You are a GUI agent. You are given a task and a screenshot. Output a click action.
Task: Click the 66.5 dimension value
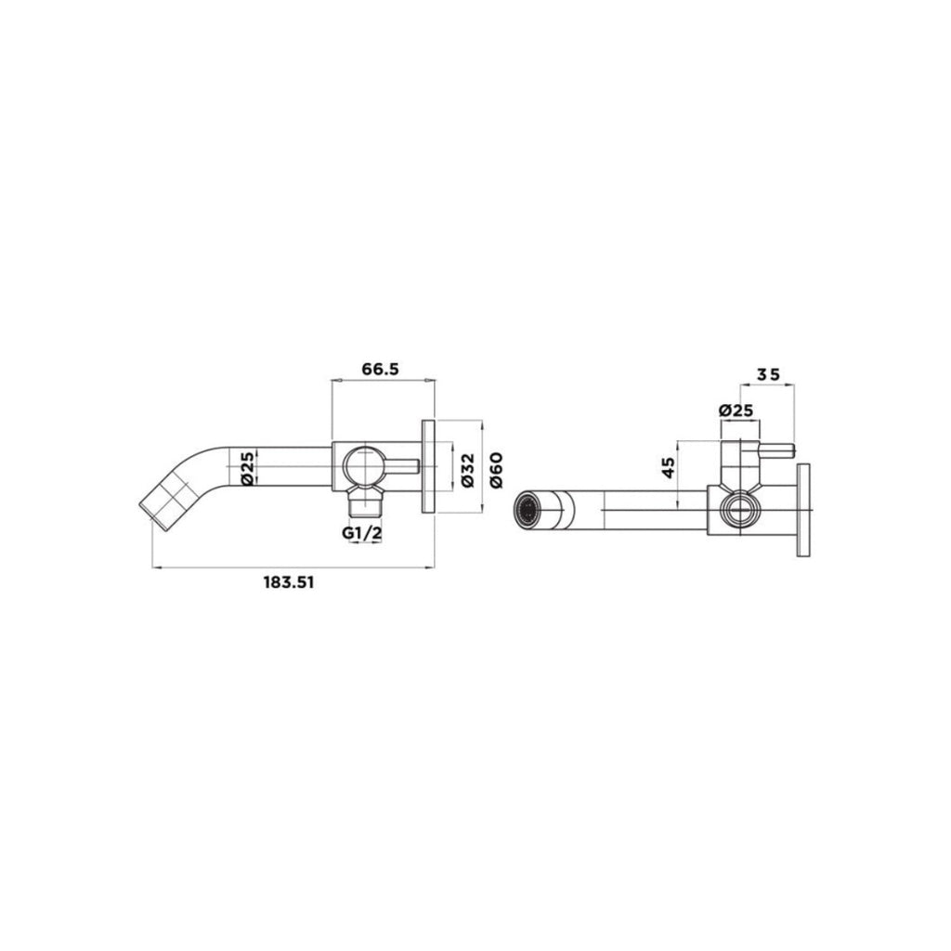[380, 369]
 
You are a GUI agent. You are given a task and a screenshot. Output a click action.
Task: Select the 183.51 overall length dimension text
[288, 582]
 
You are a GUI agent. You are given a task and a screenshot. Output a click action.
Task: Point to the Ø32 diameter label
[466, 471]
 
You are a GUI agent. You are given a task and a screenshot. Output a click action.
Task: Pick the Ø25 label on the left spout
[248, 468]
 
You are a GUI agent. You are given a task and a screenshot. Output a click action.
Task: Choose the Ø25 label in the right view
[736, 410]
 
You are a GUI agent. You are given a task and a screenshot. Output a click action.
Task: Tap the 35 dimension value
[768, 374]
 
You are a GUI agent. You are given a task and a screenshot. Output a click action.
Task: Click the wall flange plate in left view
[428, 465]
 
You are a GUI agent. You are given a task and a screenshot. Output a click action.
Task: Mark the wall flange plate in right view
[803, 509]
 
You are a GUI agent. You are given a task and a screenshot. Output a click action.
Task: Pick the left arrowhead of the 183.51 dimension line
[155, 566]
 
